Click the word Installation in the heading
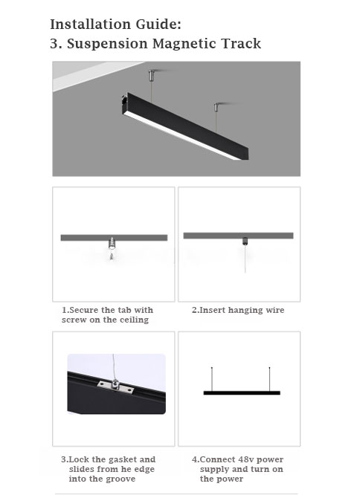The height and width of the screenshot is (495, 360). point(90,25)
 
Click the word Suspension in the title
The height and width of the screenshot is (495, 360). point(107,44)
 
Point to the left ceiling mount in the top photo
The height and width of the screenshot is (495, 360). point(152,74)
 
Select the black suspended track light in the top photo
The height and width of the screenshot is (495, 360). point(184,126)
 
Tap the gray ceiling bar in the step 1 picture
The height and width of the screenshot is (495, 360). point(114,238)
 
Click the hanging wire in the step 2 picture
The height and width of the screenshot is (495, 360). point(245,259)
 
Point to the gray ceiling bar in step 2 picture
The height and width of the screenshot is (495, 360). point(239,236)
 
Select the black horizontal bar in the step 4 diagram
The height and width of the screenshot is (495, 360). point(242,392)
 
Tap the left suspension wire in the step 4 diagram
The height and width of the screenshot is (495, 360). point(212,379)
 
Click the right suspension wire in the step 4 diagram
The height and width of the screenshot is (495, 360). point(269,379)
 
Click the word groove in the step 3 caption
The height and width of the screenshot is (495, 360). point(121,479)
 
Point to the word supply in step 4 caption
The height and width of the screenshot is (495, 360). point(214,470)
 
